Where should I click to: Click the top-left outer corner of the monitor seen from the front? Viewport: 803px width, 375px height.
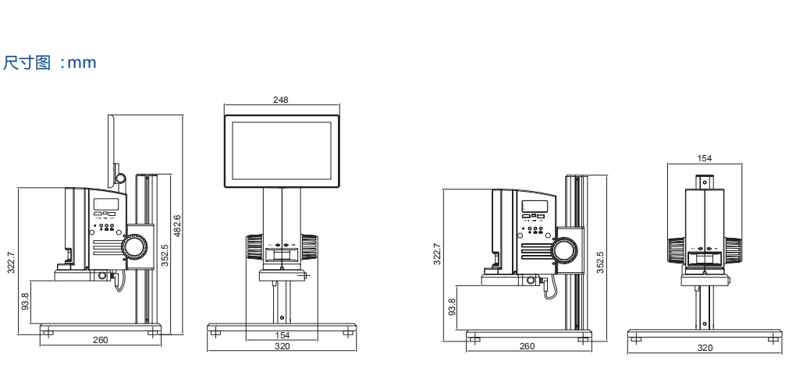tap(224, 115)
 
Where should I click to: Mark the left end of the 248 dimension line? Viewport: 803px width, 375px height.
tap(224, 105)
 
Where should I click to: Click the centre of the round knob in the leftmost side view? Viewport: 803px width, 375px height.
tap(135, 247)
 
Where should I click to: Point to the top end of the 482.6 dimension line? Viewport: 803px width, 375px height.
tap(183, 115)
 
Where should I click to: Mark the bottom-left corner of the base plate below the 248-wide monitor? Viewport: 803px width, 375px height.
tap(208, 331)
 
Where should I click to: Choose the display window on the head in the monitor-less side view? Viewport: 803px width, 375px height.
tap(535, 207)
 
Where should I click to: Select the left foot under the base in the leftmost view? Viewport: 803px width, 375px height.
tap(48, 334)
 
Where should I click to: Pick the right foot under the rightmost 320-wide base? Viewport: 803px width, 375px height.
tap(773, 338)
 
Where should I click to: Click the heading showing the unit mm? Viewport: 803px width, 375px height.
tap(50, 62)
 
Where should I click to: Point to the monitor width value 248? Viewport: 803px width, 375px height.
tap(281, 100)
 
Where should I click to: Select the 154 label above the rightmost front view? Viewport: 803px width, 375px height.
tap(705, 158)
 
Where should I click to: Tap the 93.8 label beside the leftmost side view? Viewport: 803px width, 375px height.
tap(24, 302)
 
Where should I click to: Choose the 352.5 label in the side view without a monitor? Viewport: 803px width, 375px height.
tap(600, 262)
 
